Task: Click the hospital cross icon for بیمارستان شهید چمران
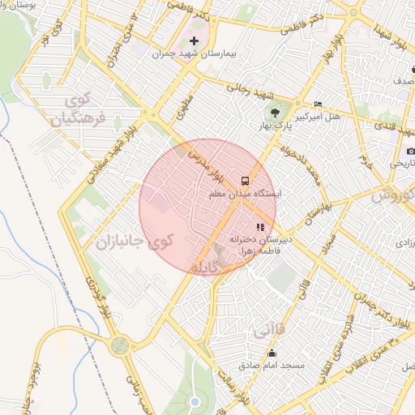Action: pyautogui.click(x=194, y=41)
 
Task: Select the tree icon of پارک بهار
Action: pyautogui.click(x=274, y=113)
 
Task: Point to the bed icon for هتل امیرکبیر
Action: pyautogui.click(x=318, y=105)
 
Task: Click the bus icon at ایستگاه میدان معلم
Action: pyautogui.click(x=244, y=180)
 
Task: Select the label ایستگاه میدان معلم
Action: pyautogui.click(x=244, y=195)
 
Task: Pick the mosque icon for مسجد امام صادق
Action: pyautogui.click(x=272, y=353)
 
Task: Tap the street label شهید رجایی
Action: pyautogui.click(x=242, y=89)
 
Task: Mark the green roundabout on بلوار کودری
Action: pyautogui.click(x=119, y=346)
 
